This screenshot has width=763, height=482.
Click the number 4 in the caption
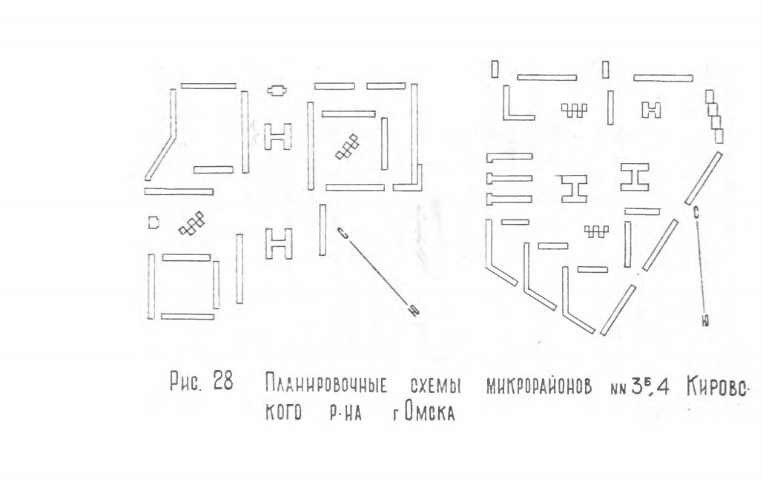click(x=663, y=386)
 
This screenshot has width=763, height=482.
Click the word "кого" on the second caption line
click(x=283, y=412)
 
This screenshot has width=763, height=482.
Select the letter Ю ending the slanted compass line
click(x=414, y=310)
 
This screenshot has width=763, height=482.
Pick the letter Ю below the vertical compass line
click(x=705, y=321)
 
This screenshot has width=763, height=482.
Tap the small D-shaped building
click(x=153, y=223)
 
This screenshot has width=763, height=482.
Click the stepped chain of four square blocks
click(x=715, y=116)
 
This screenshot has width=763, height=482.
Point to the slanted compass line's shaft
click(x=379, y=271)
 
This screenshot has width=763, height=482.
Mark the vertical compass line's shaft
click(x=701, y=266)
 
